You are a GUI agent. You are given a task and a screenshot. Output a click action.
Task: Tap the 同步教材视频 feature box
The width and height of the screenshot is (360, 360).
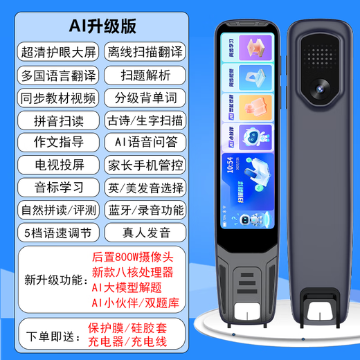tap(59, 96)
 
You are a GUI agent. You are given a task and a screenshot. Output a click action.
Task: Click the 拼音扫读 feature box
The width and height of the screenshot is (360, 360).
tap(59, 120)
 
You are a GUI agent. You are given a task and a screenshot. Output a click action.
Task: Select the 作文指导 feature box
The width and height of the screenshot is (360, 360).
tap(59, 143)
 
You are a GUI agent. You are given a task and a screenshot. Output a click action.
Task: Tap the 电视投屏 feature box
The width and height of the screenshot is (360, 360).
tap(59, 165)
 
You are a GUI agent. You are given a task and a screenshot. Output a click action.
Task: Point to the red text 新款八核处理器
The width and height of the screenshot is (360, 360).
tap(134, 270)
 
